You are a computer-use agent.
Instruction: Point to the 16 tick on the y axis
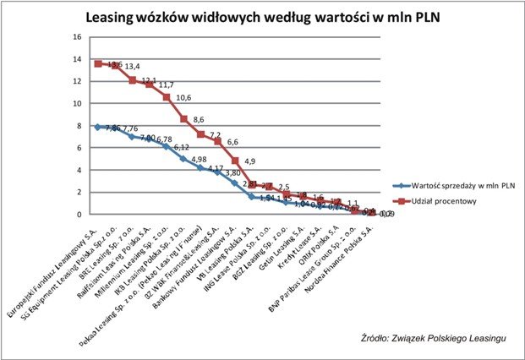(77, 37)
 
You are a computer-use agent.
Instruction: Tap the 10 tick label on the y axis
(77, 103)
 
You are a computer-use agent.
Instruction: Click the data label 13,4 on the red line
(133, 67)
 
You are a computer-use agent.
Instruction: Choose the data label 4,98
(201, 159)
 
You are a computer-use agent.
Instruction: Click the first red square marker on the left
(98, 63)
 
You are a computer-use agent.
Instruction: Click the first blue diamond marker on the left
(98, 127)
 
